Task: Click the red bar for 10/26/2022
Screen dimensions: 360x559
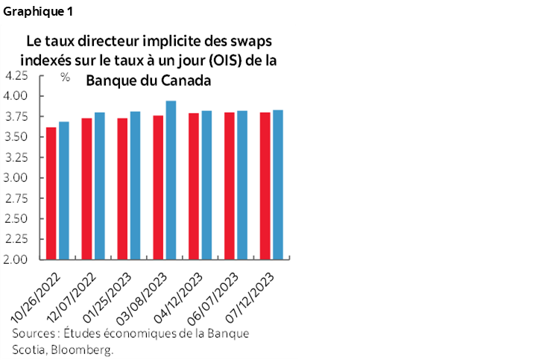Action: (x=51, y=194)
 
